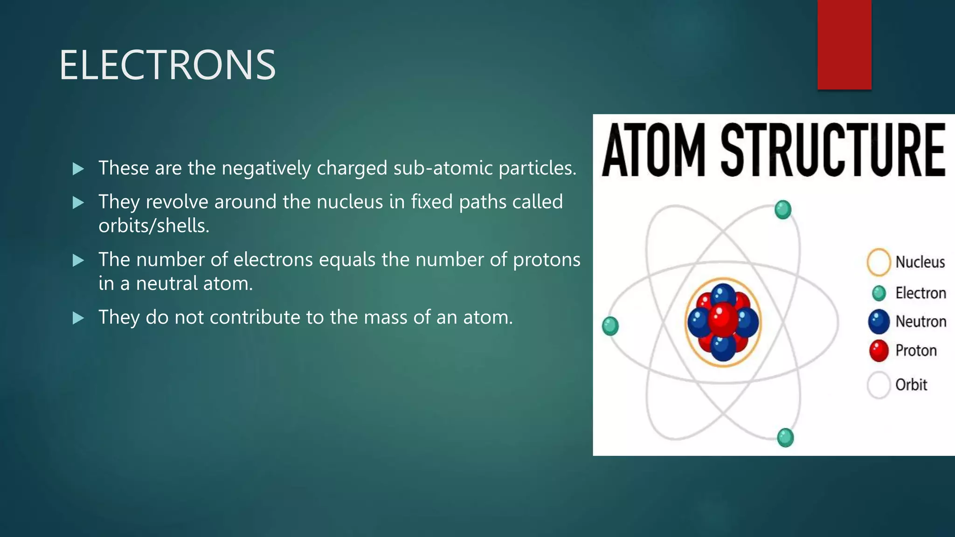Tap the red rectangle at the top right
(x=844, y=44)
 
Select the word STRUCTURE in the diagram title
(x=833, y=150)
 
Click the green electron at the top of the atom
(x=783, y=210)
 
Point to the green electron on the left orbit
(x=610, y=326)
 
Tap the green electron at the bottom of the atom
(x=785, y=438)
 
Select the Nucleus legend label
(x=920, y=262)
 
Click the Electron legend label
(x=920, y=293)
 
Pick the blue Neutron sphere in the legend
(x=879, y=322)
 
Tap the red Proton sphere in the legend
(x=879, y=351)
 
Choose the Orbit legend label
(x=911, y=385)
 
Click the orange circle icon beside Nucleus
(x=879, y=262)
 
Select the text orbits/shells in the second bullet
(x=154, y=226)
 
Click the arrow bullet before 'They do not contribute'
(x=78, y=318)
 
